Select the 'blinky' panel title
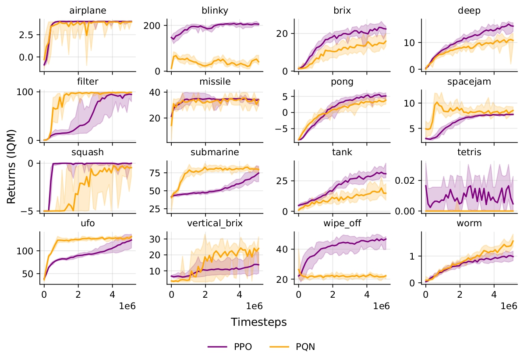pyautogui.click(x=215, y=11)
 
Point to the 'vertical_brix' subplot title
pyautogui.click(x=215, y=223)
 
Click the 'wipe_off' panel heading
pyautogui.click(x=342, y=223)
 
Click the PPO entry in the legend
pyautogui.click(x=227, y=347)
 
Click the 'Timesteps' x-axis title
pyautogui.click(x=259, y=322)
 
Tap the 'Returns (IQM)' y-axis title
pyautogui.click(x=12, y=165)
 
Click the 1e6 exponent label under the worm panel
pyautogui.click(x=509, y=306)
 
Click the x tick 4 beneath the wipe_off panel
pyautogui.click(x=366, y=293)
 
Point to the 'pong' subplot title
pyautogui.click(x=342, y=81)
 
